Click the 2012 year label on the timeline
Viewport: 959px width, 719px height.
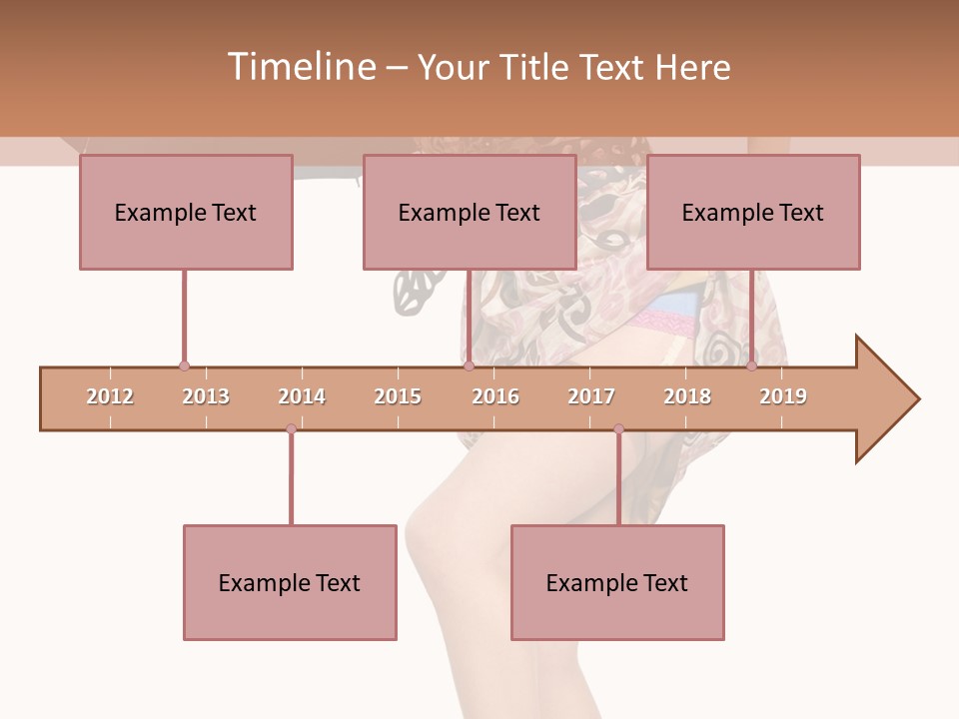pyautogui.click(x=110, y=396)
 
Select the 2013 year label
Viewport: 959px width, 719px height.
pyautogui.click(x=206, y=396)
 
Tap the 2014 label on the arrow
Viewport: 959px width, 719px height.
pyautogui.click(x=302, y=396)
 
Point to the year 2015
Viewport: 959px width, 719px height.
pyautogui.click(x=398, y=396)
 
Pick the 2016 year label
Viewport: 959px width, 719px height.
pyautogui.click(x=495, y=396)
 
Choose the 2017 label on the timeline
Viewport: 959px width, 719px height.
pyautogui.click(x=591, y=396)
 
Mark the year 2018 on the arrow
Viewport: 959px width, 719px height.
pyautogui.click(x=687, y=396)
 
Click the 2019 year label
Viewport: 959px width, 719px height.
pyautogui.click(x=783, y=396)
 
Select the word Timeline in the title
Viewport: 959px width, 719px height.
pyautogui.click(x=299, y=67)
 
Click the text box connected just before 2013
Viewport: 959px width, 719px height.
pyautogui.click(x=186, y=212)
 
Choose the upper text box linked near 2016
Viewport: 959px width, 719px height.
pyautogui.click(x=470, y=212)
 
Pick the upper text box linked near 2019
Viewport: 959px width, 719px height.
pyautogui.click(x=753, y=212)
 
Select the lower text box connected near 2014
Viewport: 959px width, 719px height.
pyautogui.click(x=290, y=582)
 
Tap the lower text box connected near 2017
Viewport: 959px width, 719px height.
pyautogui.click(x=617, y=582)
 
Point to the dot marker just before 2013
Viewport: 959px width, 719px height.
pyautogui.click(x=184, y=366)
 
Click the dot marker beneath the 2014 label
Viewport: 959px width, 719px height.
pyautogui.click(x=291, y=428)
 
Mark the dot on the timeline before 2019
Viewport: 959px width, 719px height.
pyautogui.click(x=751, y=366)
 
